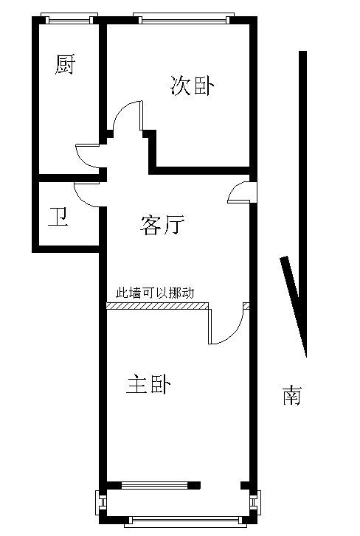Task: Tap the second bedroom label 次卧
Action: pyautogui.click(x=192, y=85)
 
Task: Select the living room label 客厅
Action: pyautogui.click(x=162, y=225)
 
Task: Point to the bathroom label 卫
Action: pyautogui.click(x=58, y=217)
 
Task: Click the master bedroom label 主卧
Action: pyautogui.click(x=148, y=385)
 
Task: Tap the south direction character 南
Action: pyautogui.click(x=291, y=395)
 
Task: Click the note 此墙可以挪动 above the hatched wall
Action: pyautogui.click(x=155, y=293)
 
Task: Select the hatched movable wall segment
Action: pyautogui.click(x=158, y=306)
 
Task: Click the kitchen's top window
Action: pyautogui.click(x=69, y=18)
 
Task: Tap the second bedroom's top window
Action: pyautogui.click(x=184, y=18)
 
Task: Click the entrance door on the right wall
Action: pyautogui.click(x=242, y=192)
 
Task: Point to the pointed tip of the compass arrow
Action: pyautogui.click(x=305, y=358)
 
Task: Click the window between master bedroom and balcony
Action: pyautogui.click(x=154, y=485)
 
